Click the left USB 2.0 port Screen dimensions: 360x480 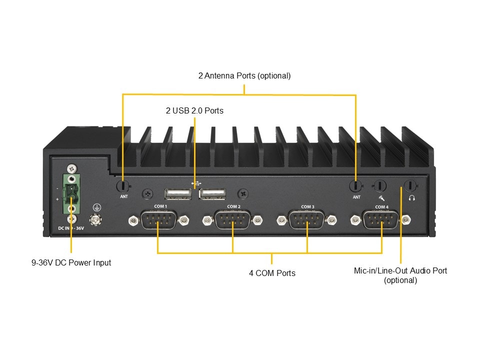click(177, 193)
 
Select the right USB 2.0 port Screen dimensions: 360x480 click(212, 193)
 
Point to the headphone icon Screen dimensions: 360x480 click(412, 197)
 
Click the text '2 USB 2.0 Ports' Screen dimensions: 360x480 click(194, 110)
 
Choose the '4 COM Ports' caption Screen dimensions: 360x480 click(272, 273)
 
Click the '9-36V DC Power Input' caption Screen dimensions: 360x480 click(71, 262)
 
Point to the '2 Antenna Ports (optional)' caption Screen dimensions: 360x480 click(244, 76)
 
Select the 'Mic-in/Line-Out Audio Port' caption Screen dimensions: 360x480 click(400, 270)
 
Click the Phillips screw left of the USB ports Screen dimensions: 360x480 click(147, 192)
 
